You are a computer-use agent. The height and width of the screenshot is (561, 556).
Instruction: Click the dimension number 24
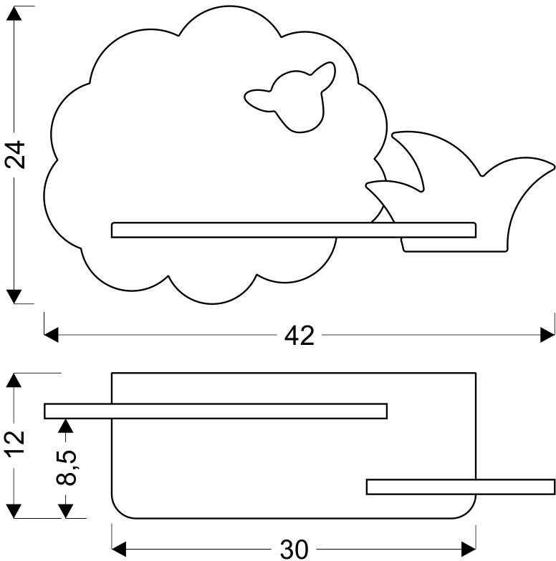15,155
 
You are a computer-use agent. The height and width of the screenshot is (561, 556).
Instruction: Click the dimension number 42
299,336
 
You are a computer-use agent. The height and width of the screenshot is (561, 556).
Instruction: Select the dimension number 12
15,443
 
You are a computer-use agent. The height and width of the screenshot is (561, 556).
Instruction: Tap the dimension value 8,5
66,467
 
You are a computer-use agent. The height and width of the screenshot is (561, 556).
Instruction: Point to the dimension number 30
294,550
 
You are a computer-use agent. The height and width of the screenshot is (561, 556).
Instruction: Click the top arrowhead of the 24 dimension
14,14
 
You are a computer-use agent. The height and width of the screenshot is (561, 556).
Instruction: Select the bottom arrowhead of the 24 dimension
14,296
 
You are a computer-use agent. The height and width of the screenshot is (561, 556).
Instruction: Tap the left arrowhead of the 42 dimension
52,335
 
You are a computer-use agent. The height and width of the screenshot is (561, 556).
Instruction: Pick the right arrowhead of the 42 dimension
547,335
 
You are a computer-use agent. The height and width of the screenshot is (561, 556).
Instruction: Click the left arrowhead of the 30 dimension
119,549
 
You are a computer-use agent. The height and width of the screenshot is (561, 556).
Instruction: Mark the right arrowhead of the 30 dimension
469,549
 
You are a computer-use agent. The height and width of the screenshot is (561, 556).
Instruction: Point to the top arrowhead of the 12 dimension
14,380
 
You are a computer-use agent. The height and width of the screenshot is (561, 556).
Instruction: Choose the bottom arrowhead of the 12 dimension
14,511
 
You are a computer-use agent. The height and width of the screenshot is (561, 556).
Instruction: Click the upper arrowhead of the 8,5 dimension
66,426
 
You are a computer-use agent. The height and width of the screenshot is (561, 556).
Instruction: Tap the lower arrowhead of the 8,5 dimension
66,511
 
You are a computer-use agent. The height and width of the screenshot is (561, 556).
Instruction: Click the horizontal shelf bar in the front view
294,230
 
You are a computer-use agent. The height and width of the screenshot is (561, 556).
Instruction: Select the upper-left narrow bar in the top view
216,411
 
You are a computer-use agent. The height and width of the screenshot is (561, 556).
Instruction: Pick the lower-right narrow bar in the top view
461,487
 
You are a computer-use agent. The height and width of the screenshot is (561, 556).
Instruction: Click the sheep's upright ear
324,73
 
